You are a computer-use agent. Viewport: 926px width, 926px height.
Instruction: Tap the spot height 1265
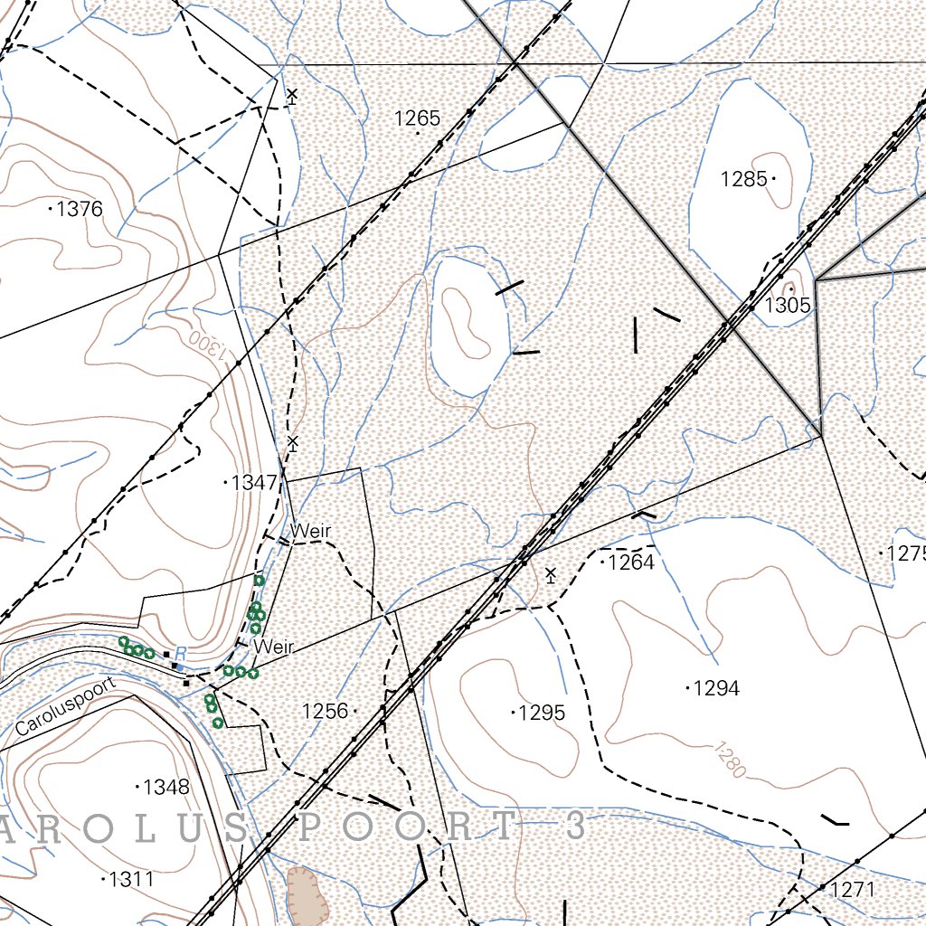pyautogui.click(x=417, y=118)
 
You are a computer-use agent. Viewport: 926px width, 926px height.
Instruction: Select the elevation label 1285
pyautogui.click(x=743, y=179)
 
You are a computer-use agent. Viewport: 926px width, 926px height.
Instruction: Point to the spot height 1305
pyautogui.click(x=788, y=305)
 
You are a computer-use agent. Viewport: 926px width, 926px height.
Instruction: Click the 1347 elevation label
pyautogui.click(x=254, y=483)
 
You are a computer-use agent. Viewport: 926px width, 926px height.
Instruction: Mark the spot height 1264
pyautogui.click(x=630, y=563)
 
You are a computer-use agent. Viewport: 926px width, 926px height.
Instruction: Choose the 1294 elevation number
pyautogui.click(x=716, y=689)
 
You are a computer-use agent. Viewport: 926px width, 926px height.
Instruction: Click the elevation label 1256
pyautogui.click(x=326, y=712)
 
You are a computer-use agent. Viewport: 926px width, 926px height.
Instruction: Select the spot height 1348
pyautogui.click(x=166, y=788)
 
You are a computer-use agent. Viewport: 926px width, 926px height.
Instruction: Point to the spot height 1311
pyautogui.click(x=131, y=879)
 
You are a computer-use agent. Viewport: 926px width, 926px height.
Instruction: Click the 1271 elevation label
pyautogui.click(x=852, y=890)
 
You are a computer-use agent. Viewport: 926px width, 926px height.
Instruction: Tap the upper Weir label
pyautogui.click(x=310, y=531)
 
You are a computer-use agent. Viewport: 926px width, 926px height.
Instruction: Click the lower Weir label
pyautogui.click(x=275, y=647)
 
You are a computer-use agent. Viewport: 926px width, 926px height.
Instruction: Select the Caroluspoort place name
pyautogui.click(x=66, y=705)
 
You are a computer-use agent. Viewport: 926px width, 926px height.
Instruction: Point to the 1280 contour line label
pyautogui.click(x=729, y=760)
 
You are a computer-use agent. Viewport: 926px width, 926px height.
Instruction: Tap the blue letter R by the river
pyautogui.click(x=180, y=654)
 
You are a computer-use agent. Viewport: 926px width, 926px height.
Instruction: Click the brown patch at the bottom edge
pyautogui.click(x=306, y=895)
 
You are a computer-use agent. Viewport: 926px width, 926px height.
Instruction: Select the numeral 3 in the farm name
pyautogui.click(x=572, y=826)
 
